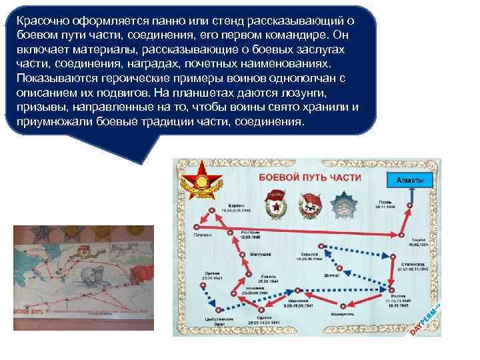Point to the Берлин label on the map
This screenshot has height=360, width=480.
pos(235,205)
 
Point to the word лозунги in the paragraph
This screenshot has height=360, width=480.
pos(329,93)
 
